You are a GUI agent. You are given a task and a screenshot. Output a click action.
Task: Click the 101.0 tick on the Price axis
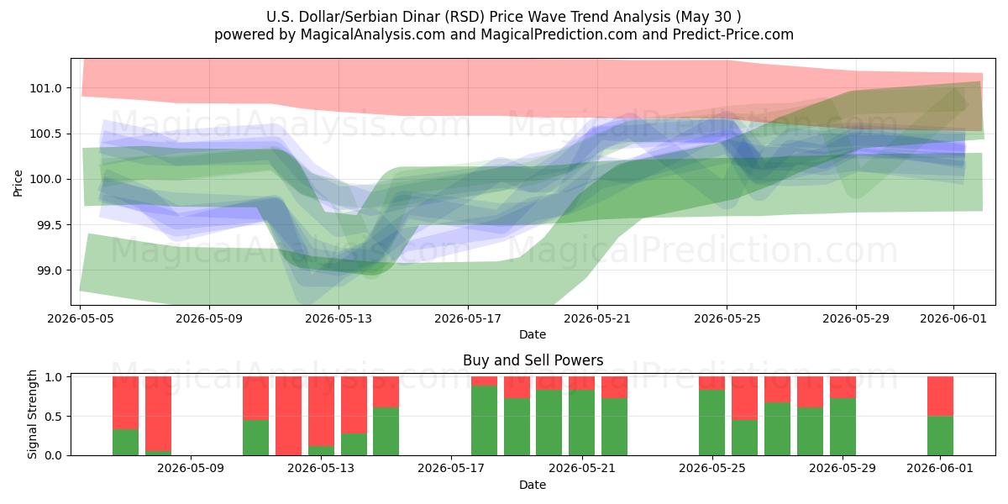[45, 88]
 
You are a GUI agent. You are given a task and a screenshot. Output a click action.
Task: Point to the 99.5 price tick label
[49, 225]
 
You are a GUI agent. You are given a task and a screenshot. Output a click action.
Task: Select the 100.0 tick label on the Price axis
[45, 180]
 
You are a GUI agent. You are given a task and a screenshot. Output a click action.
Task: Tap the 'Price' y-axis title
[18, 183]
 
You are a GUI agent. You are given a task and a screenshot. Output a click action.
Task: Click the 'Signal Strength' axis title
[32, 414]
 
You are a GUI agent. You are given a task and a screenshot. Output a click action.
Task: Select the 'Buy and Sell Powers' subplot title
[533, 360]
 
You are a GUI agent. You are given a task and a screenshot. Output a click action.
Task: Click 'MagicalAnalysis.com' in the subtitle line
[373, 34]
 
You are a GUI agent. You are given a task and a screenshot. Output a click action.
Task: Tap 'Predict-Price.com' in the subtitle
[733, 34]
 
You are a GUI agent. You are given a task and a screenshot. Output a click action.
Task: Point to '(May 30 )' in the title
[708, 17]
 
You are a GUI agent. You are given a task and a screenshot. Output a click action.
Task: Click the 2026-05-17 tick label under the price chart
[468, 318]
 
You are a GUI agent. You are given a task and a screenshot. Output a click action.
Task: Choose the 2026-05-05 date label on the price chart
[81, 318]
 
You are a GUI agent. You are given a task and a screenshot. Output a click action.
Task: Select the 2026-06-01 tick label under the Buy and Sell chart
[940, 469]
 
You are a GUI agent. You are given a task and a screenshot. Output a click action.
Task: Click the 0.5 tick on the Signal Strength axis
[53, 417]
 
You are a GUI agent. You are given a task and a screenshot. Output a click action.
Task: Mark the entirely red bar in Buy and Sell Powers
[288, 416]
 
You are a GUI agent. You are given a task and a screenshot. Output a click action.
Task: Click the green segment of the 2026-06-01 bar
[940, 436]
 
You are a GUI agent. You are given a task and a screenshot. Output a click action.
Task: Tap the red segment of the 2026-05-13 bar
[321, 412]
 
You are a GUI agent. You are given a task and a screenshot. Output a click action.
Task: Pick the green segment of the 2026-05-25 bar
[712, 423]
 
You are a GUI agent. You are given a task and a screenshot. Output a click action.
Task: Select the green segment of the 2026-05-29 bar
[843, 427]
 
